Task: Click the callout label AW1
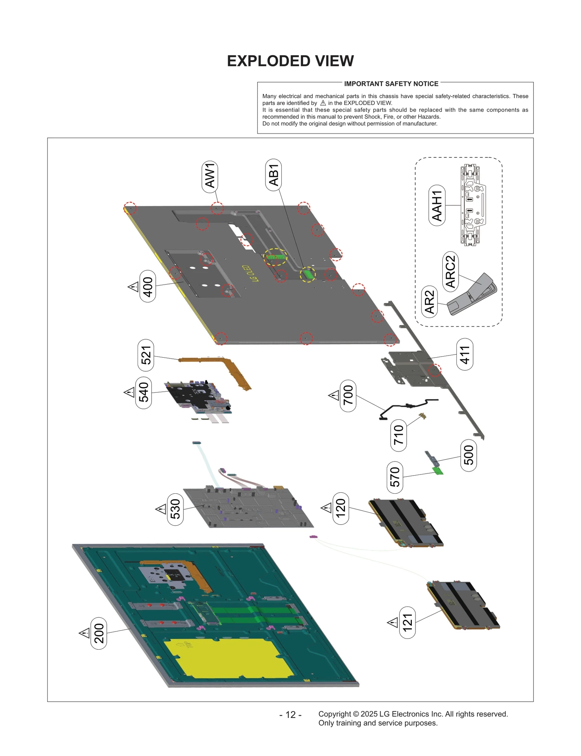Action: click(210, 176)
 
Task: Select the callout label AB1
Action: click(273, 174)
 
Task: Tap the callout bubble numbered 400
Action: click(147, 286)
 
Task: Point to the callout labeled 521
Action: click(146, 355)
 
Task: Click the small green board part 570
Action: click(438, 471)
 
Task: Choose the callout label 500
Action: click(468, 455)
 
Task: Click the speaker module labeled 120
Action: click(405, 522)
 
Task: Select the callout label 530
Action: click(175, 509)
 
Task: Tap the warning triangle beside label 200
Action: click(84, 633)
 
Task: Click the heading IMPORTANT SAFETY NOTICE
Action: click(391, 84)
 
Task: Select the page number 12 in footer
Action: click(290, 714)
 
